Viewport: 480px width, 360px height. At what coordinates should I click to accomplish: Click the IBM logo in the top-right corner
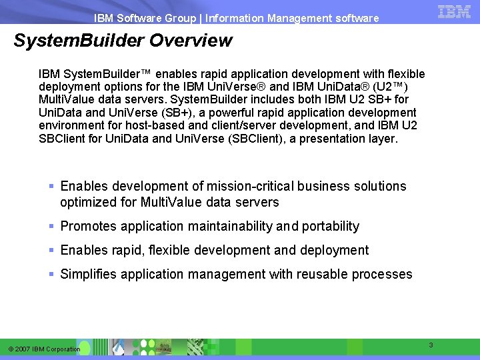[455, 11]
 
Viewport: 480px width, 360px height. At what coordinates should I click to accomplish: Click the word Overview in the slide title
[191, 41]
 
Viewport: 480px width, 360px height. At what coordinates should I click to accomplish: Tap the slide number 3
[431, 345]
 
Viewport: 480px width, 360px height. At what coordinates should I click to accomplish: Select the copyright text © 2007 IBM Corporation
[44, 349]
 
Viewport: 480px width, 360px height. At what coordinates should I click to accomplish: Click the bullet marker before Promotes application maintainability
[52, 226]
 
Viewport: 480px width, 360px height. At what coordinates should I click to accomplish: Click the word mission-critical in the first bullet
[251, 186]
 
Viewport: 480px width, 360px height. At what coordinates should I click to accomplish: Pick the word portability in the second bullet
[330, 226]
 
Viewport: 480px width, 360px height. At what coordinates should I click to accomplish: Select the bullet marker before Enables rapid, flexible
[52, 250]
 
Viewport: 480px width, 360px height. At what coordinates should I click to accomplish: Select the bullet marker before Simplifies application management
[52, 274]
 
